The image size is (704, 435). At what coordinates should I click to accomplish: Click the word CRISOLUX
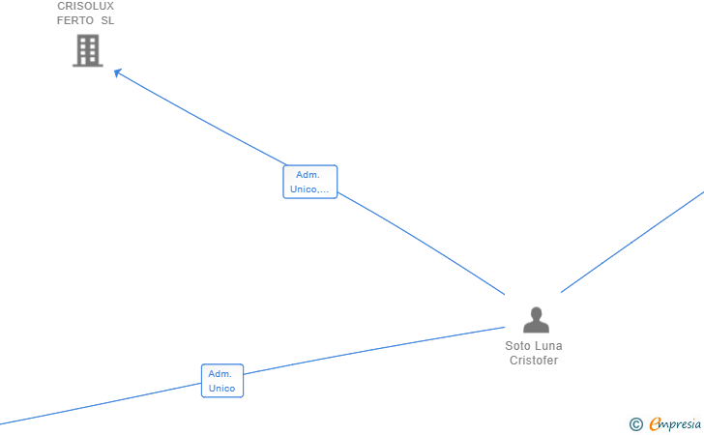pos(85,6)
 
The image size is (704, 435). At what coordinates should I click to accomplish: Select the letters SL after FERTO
pos(107,20)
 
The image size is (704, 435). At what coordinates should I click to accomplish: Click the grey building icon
pos(88,50)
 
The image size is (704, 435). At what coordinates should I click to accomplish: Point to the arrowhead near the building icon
pos(117,72)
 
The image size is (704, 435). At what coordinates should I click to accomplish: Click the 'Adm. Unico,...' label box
pos(309,182)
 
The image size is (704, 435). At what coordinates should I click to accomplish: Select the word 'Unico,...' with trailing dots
pos(309,189)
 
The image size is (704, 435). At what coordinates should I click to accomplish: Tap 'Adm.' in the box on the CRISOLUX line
pos(308,175)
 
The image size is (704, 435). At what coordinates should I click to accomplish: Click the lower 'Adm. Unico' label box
pos(221,381)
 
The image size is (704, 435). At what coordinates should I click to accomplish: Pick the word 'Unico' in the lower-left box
pos(221,389)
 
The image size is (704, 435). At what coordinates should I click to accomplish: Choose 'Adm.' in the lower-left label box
pos(220,374)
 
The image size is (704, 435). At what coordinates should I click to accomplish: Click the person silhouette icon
pos(535,320)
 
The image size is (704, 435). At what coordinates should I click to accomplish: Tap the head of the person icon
pos(535,312)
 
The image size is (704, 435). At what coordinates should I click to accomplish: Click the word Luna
pos(548,346)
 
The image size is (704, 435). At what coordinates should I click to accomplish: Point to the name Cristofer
pos(534,361)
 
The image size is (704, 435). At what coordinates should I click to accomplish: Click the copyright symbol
pos(635,423)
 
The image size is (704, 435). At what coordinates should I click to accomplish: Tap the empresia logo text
pos(677,423)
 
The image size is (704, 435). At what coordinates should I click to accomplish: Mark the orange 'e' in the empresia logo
pos(656,423)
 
